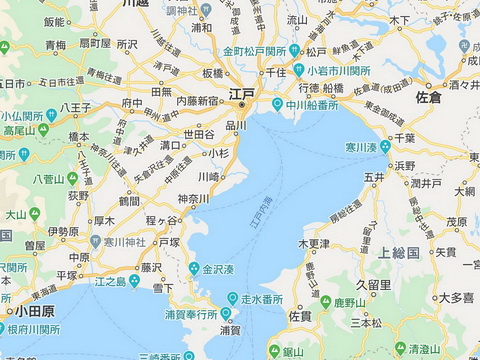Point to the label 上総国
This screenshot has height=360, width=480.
397,251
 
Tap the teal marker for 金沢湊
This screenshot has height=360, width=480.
193,269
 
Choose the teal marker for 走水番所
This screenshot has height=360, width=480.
232,297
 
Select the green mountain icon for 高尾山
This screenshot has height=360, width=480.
7,130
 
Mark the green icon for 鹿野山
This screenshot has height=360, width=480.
325,301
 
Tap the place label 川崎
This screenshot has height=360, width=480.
208,176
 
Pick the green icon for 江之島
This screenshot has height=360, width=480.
134,281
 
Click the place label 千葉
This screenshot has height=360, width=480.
404,137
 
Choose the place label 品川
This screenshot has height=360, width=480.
235,125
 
